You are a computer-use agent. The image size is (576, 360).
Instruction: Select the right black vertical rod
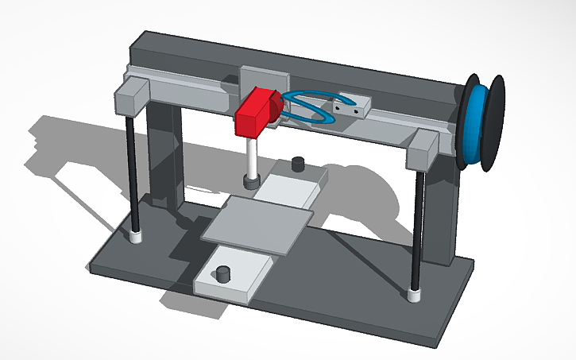[417, 230]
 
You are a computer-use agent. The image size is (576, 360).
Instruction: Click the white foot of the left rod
[136, 236]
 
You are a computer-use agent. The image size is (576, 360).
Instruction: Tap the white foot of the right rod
[414, 296]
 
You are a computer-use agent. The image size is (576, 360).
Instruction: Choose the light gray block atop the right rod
[422, 152]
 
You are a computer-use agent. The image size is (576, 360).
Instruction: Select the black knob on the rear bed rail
[299, 165]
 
